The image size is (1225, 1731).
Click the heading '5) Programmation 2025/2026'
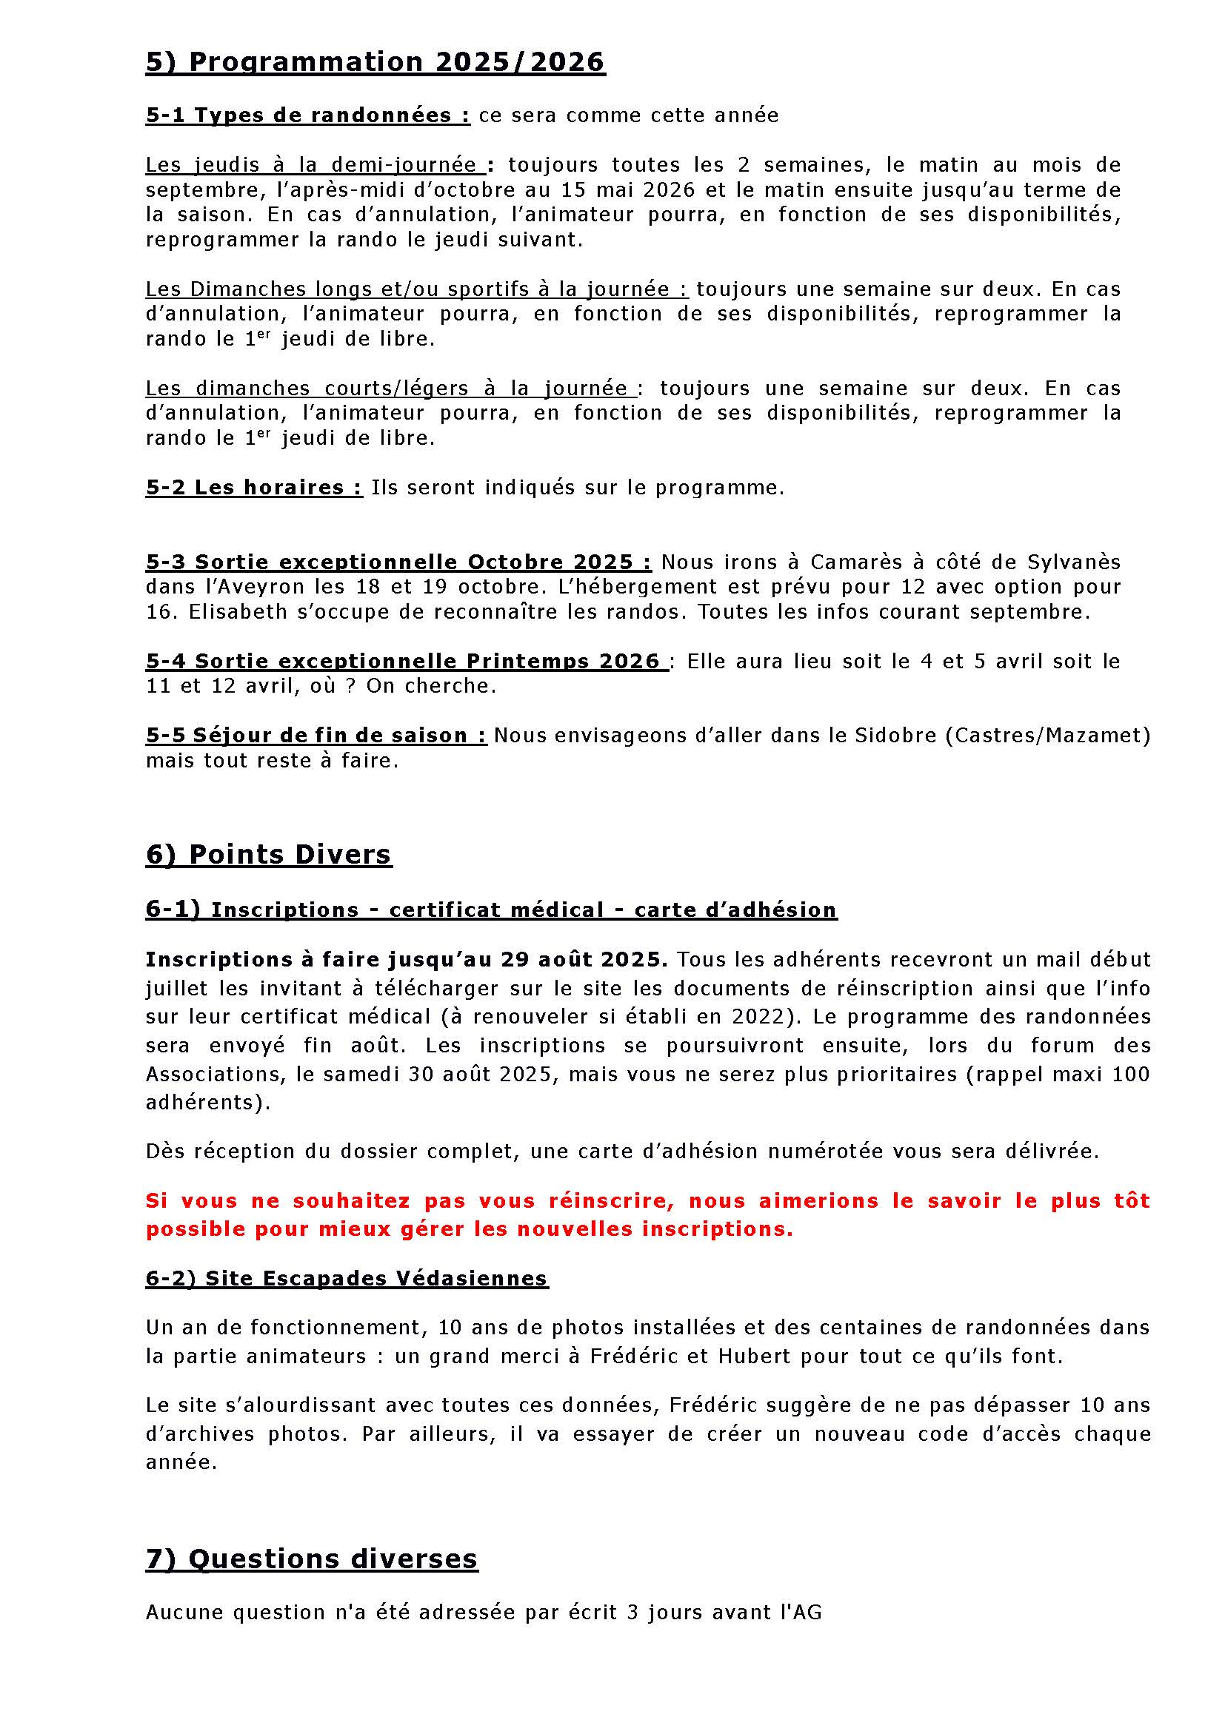[x=375, y=62]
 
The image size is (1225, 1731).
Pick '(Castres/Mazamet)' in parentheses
[x=1048, y=735]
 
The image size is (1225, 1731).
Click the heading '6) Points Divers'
[x=269, y=854]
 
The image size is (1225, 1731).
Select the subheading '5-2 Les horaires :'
[x=254, y=488]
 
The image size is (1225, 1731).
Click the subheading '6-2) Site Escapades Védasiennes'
[x=347, y=1279]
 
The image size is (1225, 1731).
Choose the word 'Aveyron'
[x=244, y=587]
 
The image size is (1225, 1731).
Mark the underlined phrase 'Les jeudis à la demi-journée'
[x=311, y=165]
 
